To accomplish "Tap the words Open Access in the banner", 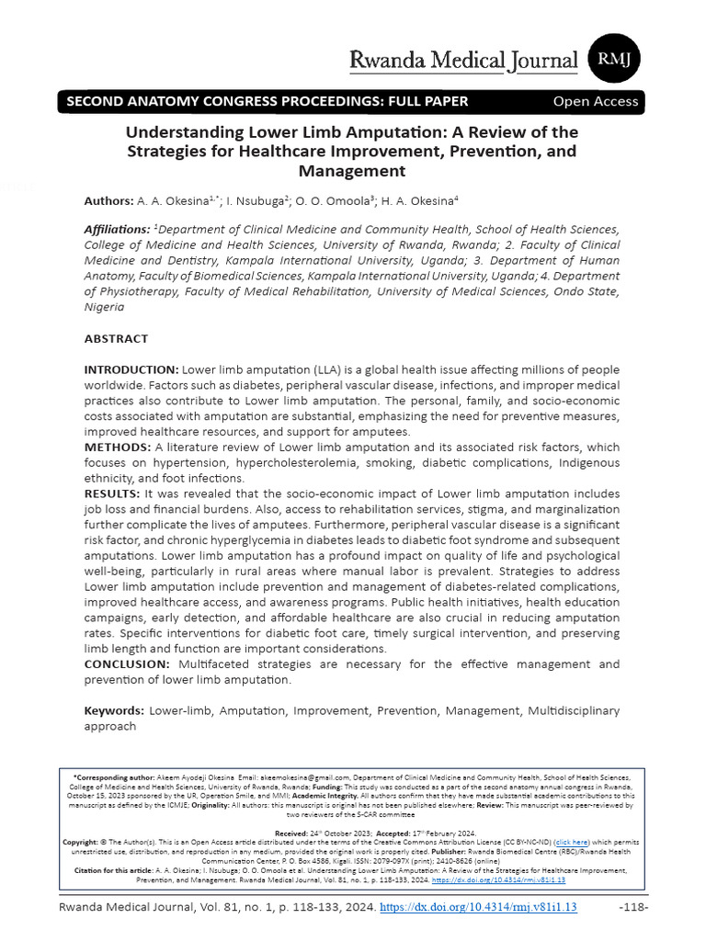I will tap(596, 101).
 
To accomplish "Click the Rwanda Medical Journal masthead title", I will tap(464, 61).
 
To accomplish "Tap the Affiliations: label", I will tap(117, 230).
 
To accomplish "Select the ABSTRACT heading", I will tap(116, 338).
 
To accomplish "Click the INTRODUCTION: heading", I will tap(132, 368).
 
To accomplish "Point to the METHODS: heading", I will tap(115, 447).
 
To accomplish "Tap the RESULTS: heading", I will tap(112, 493).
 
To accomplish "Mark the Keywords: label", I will tap(114, 710).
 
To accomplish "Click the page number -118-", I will tap(633, 907).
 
